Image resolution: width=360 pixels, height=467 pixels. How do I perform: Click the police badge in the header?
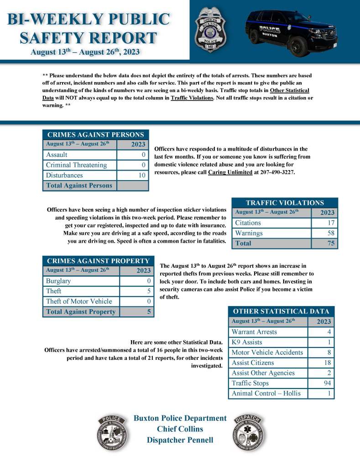pyautogui.click(x=210, y=29)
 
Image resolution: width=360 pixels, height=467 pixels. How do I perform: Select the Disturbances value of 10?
pyautogui.click(x=141, y=175)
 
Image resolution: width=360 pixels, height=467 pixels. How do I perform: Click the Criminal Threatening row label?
pyautogui.click(x=76, y=165)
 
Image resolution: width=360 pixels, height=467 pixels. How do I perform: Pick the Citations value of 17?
pyautogui.click(x=331, y=223)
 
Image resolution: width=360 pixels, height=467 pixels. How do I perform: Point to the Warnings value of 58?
pyautogui.click(x=331, y=233)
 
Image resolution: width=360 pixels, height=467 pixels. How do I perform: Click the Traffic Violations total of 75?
pyautogui.click(x=331, y=244)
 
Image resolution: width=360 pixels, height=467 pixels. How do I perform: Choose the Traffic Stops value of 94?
pyautogui.click(x=326, y=383)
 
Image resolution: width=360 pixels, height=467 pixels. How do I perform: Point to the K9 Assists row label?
pyautogui.click(x=247, y=342)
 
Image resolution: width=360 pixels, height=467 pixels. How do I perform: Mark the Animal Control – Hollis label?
pyautogui.click(x=266, y=393)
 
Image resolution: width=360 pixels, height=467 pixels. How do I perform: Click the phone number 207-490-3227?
pyautogui.click(x=273, y=172)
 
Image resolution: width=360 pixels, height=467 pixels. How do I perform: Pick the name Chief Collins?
pyautogui.click(x=180, y=429)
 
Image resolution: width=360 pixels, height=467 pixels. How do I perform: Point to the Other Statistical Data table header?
pyautogui.click(x=281, y=311)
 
